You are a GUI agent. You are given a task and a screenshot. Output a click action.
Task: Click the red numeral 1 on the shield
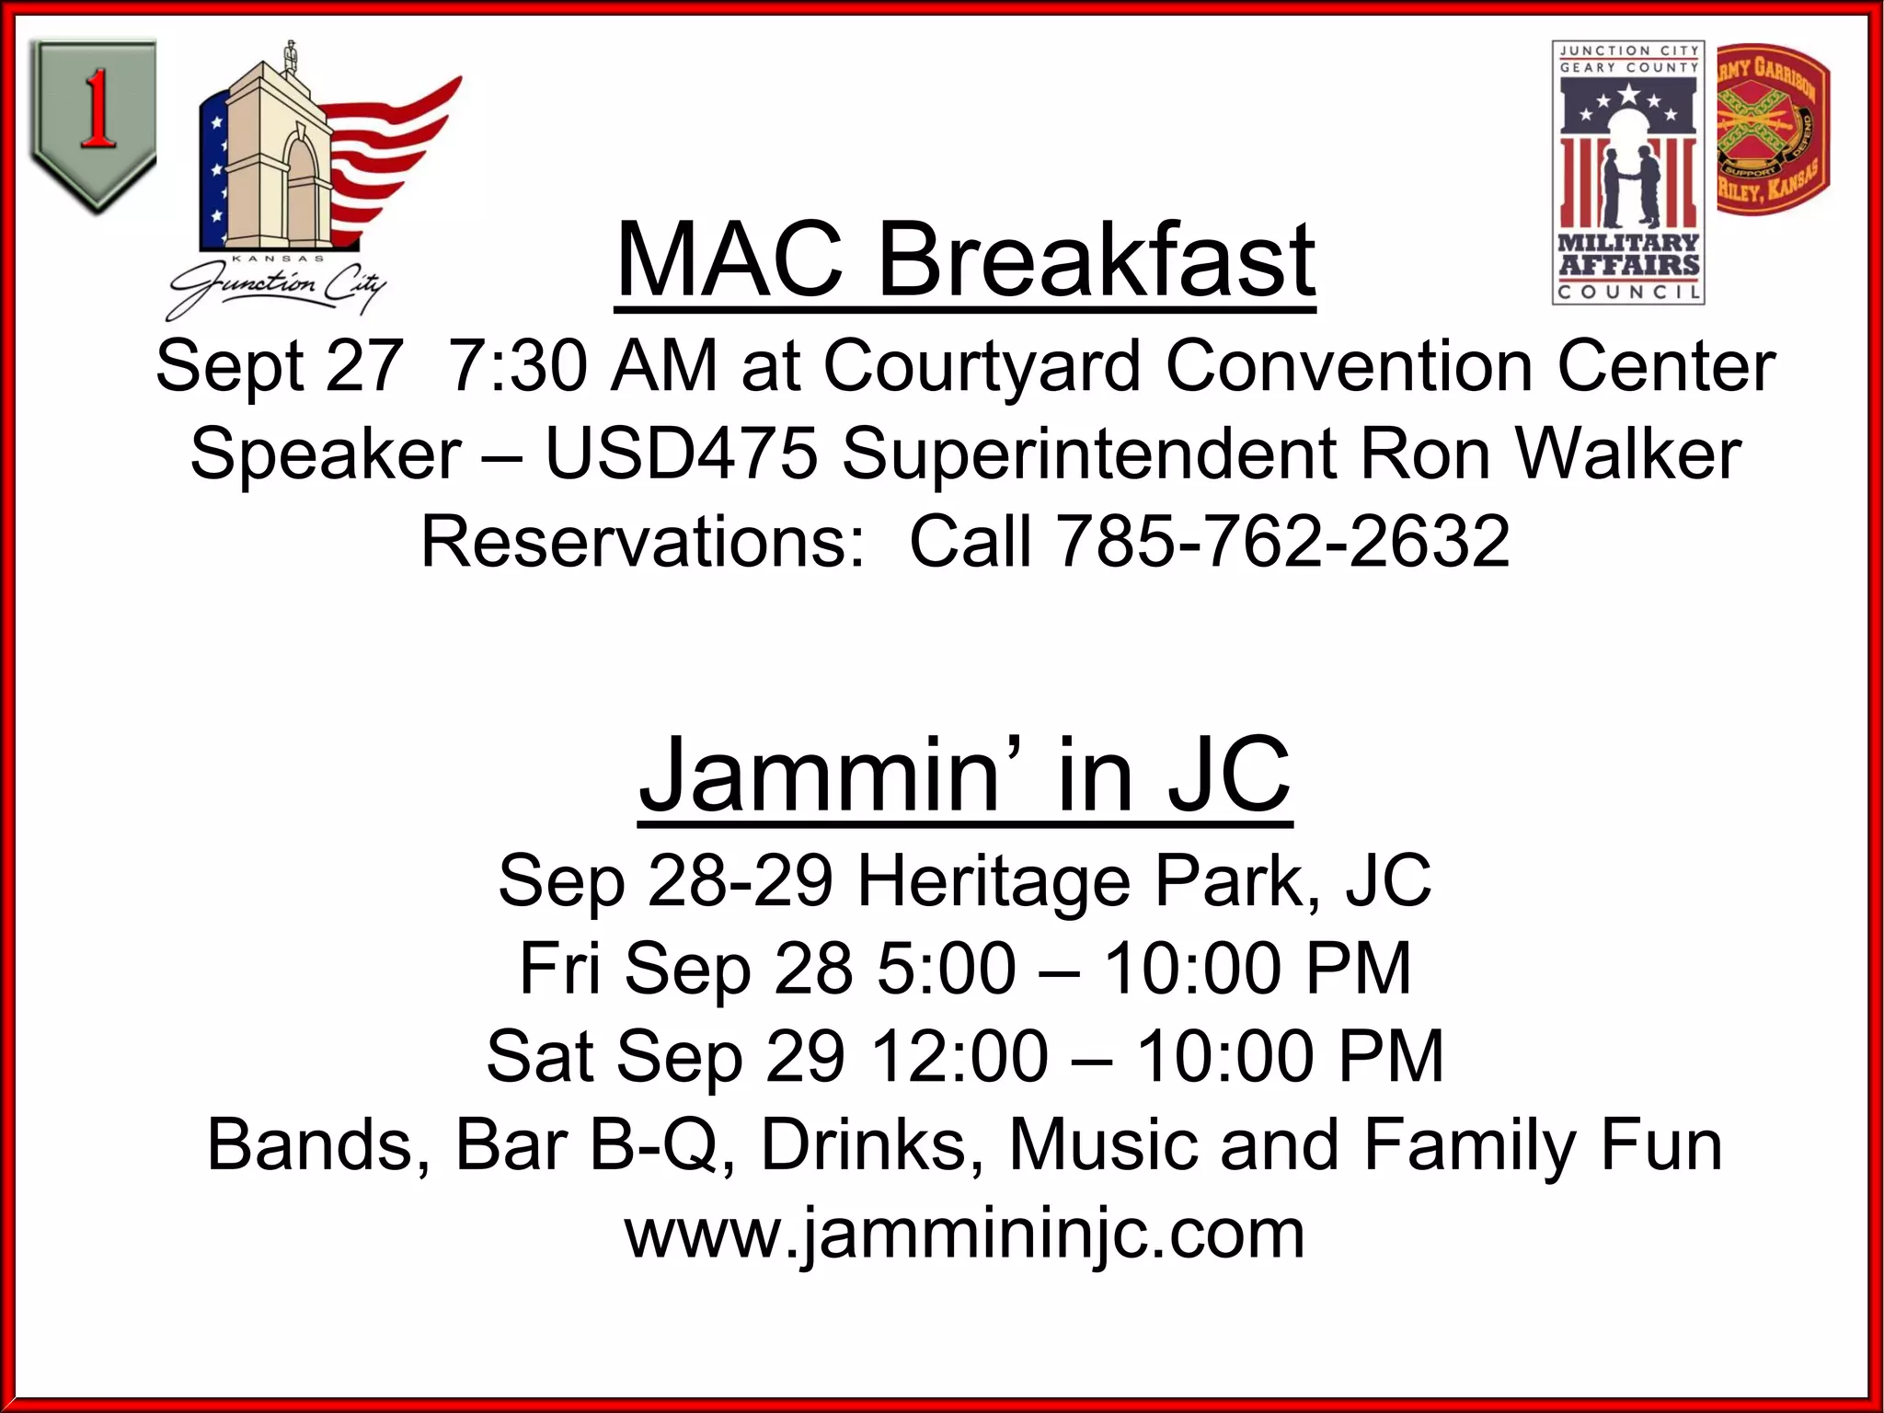point(96,110)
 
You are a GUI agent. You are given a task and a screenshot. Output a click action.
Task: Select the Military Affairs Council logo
point(1627,172)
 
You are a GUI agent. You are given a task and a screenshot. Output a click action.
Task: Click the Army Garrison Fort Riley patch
point(1773,130)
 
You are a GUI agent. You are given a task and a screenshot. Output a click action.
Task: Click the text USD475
point(681,454)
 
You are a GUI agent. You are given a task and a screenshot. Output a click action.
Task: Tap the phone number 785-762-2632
point(1282,542)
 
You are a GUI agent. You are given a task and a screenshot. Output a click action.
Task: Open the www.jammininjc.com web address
point(965,1235)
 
